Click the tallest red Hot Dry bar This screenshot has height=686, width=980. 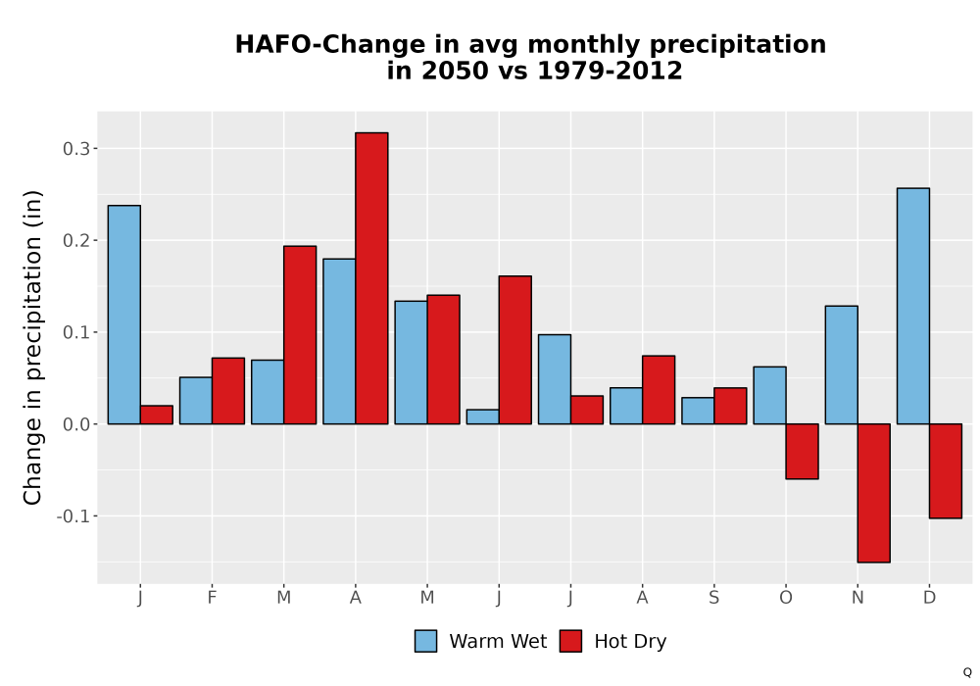(x=371, y=278)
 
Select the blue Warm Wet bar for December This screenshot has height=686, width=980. (x=913, y=306)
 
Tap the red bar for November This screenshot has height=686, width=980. (x=874, y=493)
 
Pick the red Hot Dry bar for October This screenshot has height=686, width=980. (x=802, y=451)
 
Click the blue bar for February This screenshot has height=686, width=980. (x=196, y=401)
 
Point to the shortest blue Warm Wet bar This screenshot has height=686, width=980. (x=482, y=416)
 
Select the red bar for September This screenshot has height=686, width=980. (x=730, y=406)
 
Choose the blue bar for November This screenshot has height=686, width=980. (x=841, y=365)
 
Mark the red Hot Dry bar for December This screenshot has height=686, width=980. (x=946, y=471)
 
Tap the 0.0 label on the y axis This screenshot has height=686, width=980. (x=76, y=424)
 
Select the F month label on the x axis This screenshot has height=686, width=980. (x=212, y=598)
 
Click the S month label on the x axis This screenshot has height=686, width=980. (x=713, y=598)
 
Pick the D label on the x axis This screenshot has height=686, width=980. (x=929, y=598)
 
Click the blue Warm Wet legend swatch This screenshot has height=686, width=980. (x=425, y=641)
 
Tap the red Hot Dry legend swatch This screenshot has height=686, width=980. (x=570, y=641)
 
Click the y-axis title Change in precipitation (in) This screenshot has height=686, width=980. (x=32, y=347)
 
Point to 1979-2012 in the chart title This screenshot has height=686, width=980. (x=610, y=71)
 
